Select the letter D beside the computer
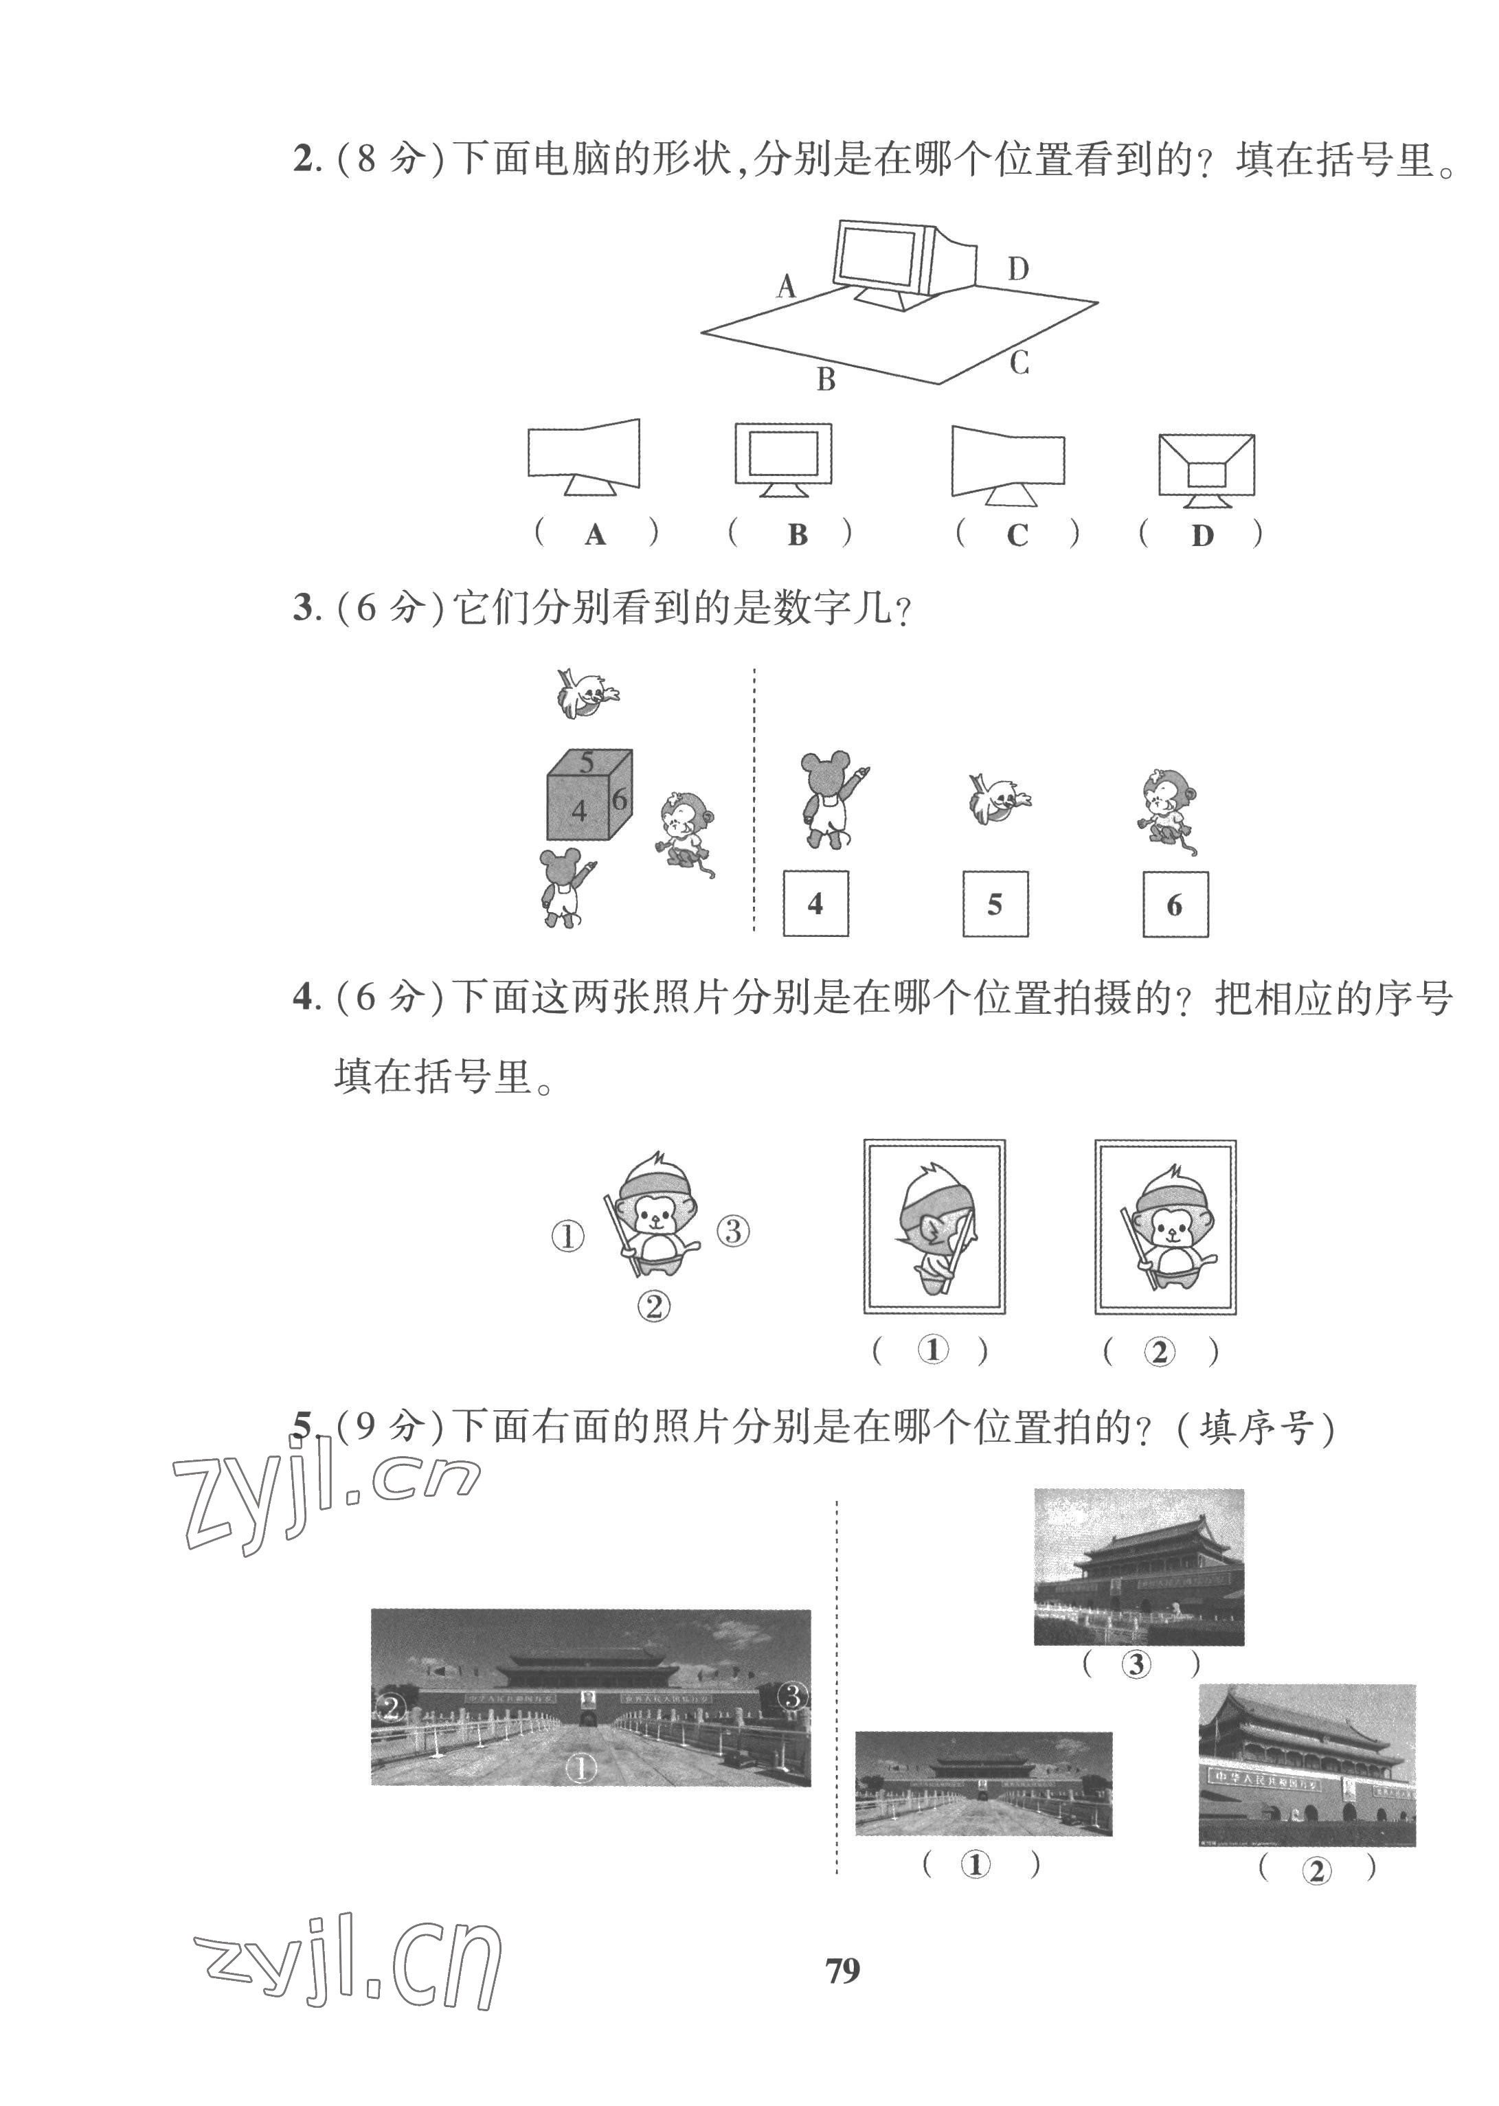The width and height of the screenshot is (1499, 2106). point(1017,269)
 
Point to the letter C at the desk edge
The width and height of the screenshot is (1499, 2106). point(1019,363)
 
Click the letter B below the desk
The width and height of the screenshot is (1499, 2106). point(826,378)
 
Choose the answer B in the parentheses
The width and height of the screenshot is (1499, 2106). point(798,534)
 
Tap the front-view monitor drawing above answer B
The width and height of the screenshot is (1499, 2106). point(782,460)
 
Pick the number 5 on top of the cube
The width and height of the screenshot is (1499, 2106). point(587,762)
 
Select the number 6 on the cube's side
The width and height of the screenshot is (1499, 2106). point(620,800)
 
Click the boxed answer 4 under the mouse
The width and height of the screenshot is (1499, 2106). point(815,903)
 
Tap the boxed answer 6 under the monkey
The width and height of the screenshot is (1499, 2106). point(1174,905)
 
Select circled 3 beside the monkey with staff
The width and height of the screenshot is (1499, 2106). point(733,1230)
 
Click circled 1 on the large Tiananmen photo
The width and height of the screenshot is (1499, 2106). point(581,1768)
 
